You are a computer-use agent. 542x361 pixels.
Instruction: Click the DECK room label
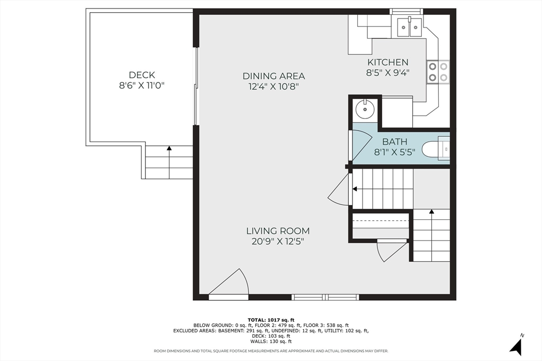pyautogui.click(x=142, y=75)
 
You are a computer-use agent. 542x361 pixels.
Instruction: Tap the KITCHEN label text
pyautogui.click(x=388, y=62)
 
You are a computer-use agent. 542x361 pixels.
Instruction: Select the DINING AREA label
pyautogui.click(x=274, y=76)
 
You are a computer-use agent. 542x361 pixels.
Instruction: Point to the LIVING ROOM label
pyautogui.click(x=278, y=231)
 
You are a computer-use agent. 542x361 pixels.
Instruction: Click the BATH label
pyautogui.click(x=395, y=142)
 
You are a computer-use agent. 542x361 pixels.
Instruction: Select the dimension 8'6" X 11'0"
pyautogui.click(x=142, y=86)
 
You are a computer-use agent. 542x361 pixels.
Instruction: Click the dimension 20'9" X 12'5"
pyautogui.click(x=278, y=242)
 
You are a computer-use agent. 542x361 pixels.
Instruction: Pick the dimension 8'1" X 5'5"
pyautogui.click(x=395, y=152)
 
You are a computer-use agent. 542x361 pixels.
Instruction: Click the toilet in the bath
pyautogui.click(x=436, y=149)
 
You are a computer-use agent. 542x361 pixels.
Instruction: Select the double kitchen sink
pyautogui.click(x=410, y=27)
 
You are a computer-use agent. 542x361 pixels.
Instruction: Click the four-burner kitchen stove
pyautogui.click(x=438, y=72)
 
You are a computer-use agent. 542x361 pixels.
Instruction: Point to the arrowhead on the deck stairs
pyautogui.click(x=169, y=148)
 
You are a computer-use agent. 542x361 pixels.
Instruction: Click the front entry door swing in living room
pyautogui.click(x=229, y=283)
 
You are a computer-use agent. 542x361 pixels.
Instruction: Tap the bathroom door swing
pyautogui.click(x=361, y=145)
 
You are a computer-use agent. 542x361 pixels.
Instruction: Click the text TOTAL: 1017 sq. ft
pyautogui.click(x=271, y=320)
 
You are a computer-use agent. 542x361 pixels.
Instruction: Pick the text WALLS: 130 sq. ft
pyautogui.click(x=271, y=341)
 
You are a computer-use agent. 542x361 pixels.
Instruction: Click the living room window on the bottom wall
pyautogui.click(x=326, y=297)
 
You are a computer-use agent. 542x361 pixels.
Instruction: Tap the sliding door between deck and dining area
pyautogui.click(x=196, y=86)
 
